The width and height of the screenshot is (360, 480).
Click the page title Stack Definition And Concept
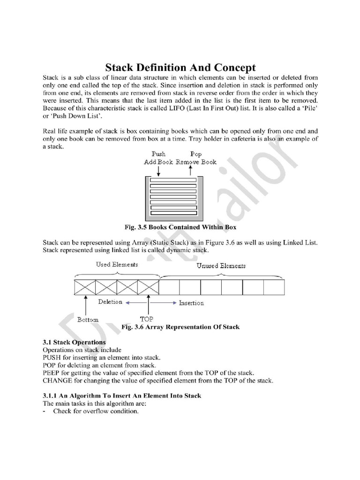(180, 67)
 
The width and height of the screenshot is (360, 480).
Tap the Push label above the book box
(158, 154)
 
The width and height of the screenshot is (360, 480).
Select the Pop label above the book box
(196, 154)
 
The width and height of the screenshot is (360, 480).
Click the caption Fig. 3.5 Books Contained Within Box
(180, 227)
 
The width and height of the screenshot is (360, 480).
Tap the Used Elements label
(117, 264)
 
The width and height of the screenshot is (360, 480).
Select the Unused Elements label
(221, 265)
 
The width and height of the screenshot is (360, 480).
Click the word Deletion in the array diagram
(110, 302)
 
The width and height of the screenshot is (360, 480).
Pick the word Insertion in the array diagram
(191, 303)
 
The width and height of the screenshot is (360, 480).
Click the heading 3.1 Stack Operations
(74, 342)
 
